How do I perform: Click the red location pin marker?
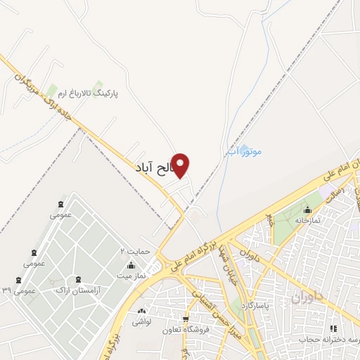[181, 165]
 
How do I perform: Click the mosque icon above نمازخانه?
[307, 210]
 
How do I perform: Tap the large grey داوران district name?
[308, 298]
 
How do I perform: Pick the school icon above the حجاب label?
[333, 328]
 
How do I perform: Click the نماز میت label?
[131, 276]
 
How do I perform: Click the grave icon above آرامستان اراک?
[78, 279]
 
